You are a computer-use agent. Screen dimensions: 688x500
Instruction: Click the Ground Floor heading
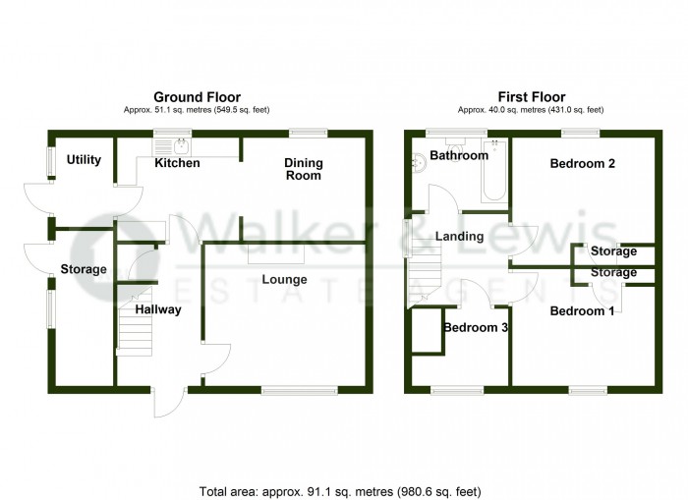pos(197,97)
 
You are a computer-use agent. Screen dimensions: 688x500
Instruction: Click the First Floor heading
pos(532,96)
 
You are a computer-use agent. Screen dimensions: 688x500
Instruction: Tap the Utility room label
pos(84,160)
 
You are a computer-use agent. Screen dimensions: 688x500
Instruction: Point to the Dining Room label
pos(303,169)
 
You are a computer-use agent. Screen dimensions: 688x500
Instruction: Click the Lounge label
pos(284,279)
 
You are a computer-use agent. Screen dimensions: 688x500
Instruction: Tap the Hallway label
pos(158,309)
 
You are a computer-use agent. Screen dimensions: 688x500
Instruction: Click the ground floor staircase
pos(135,321)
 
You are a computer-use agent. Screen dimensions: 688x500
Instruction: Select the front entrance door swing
pos(169,402)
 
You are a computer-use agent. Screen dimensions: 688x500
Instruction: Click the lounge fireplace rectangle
pos(276,254)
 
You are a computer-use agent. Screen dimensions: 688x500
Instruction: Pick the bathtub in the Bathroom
pos(494,171)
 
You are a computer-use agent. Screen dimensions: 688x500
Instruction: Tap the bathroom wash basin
pos(419,162)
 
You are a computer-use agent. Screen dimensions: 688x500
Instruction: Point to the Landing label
pos(459,237)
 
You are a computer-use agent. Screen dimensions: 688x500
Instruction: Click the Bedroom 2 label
pos(582,164)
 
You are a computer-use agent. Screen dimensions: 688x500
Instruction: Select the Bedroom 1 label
pos(582,311)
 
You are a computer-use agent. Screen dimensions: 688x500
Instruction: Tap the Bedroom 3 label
pos(476,328)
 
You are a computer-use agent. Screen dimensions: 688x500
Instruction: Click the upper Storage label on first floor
pos(613,251)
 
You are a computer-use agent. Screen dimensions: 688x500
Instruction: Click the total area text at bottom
pos(340,492)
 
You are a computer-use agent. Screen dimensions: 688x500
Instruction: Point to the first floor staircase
pos(425,274)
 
